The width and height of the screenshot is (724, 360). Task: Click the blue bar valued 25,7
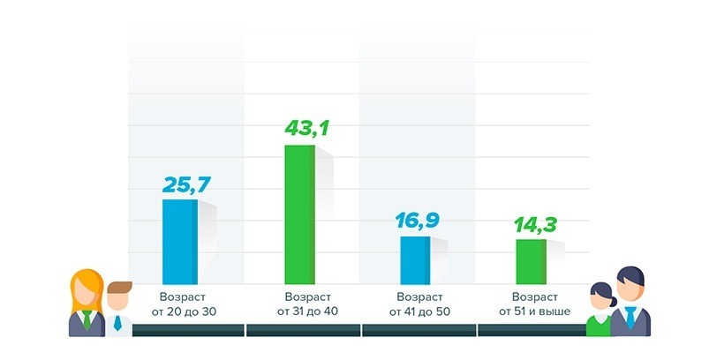click(x=179, y=241)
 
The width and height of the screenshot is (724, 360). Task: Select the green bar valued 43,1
click(x=299, y=214)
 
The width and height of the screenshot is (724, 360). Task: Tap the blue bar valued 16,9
click(x=415, y=259)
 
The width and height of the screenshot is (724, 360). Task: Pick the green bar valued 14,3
click(x=531, y=261)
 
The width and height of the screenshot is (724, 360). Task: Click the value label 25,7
click(x=186, y=184)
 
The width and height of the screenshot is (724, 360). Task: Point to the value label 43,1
click(x=306, y=130)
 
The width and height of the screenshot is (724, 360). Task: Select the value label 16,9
click(x=419, y=221)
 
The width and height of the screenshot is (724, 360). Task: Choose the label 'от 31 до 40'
click(x=305, y=311)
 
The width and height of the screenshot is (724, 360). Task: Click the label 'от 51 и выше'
click(x=535, y=311)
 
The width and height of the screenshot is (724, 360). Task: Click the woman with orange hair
click(x=87, y=304)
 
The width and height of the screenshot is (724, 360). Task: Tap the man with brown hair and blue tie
click(x=118, y=309)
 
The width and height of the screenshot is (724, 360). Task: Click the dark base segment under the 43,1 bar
click(x=303, y=331)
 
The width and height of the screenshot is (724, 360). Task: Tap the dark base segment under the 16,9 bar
click(x=419, y=331)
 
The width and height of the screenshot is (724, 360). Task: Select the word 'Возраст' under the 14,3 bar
click(x=535, y=296)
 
